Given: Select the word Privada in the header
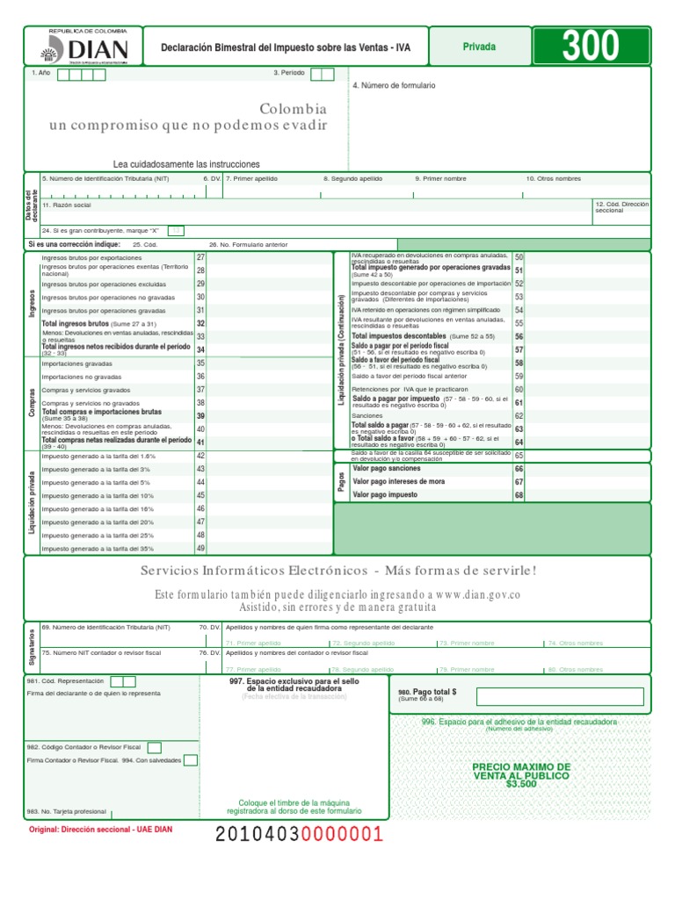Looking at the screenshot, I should click(479, 47).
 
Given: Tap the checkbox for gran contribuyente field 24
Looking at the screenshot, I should click(176, 230).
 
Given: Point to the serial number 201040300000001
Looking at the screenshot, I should click(300, 834).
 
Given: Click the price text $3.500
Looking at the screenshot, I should click(521, 784).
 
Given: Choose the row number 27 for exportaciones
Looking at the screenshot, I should click(200, 257).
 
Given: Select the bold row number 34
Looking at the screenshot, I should click(200, 349).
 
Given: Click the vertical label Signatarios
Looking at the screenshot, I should click(32, 645).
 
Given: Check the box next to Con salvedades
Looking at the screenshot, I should click(190, 760).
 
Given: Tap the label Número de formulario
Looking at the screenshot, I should click(394, 86).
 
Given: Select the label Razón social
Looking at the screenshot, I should click(67, 205).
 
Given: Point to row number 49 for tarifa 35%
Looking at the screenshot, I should click(200, 548).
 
